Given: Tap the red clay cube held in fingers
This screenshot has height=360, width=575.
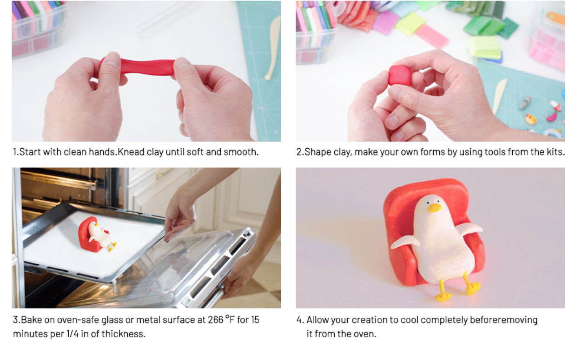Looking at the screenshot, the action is click(x=400, y=75).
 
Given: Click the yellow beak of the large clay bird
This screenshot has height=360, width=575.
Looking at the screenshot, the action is click(x=435, y=208).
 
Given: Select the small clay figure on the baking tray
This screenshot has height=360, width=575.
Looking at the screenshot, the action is click(x=97, y=235).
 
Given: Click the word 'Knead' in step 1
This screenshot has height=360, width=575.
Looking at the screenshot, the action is click(x=131, y=152).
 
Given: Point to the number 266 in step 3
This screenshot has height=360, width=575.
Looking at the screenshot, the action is click(x=215, y=320).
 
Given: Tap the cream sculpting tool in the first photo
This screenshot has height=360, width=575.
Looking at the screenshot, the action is click(x=273, y=47).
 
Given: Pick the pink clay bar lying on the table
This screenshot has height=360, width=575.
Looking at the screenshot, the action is click(x=432, y=36).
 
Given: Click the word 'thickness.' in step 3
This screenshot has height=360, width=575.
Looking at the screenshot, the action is click(x=124, y=334).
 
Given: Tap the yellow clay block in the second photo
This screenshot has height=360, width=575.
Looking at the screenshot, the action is click(x=410, y=24).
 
